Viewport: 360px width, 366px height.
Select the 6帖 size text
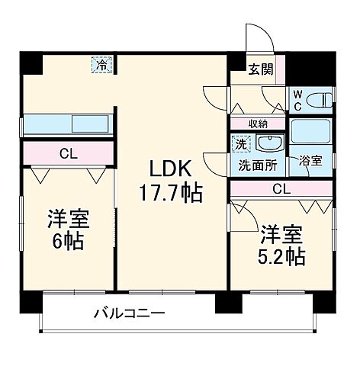coord(69,242)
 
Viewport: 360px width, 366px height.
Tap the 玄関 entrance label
coord(258,69)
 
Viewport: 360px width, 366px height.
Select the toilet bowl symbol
coord(322,98)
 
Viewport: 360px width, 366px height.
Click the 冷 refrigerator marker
coord(101,66)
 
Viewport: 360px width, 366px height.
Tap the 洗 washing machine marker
coord(240,143)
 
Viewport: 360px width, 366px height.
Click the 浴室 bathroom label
coord(311,162)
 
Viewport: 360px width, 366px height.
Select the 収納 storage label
coord(259,124)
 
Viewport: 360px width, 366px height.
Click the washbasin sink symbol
coord(268,142)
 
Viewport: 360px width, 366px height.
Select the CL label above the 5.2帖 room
coord(281,188)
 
